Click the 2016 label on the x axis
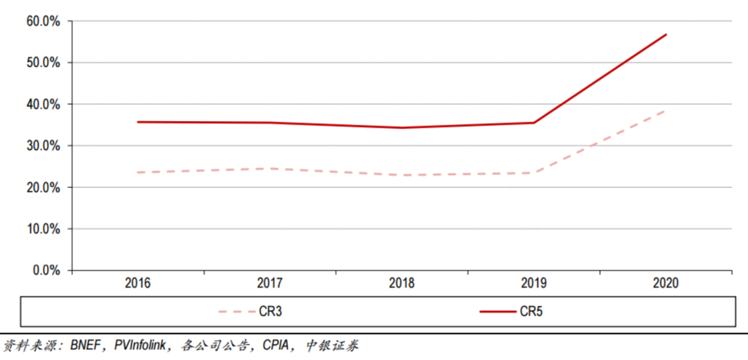pyautogui.click(x=138, y=283)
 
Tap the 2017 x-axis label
pyautogui.click(x=269, y=283)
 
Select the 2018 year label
pyautogui.click(x=402, y=283)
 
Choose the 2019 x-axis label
pyautogui.click(x=533, y=283)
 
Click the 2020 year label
pyautogui.click(x=666, y=283)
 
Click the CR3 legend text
pyautogui.click(x=271, y=312)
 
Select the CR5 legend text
pyautogui.click(x=531, y=312)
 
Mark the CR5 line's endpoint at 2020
pyautogui.click(x=666, y=35)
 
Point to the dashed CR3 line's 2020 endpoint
pyautogui.click(x=666, y=111)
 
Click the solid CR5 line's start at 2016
pyautogui.click(x=138, y=122)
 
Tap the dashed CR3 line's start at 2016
pyautogui.click(x=138, y=172)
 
